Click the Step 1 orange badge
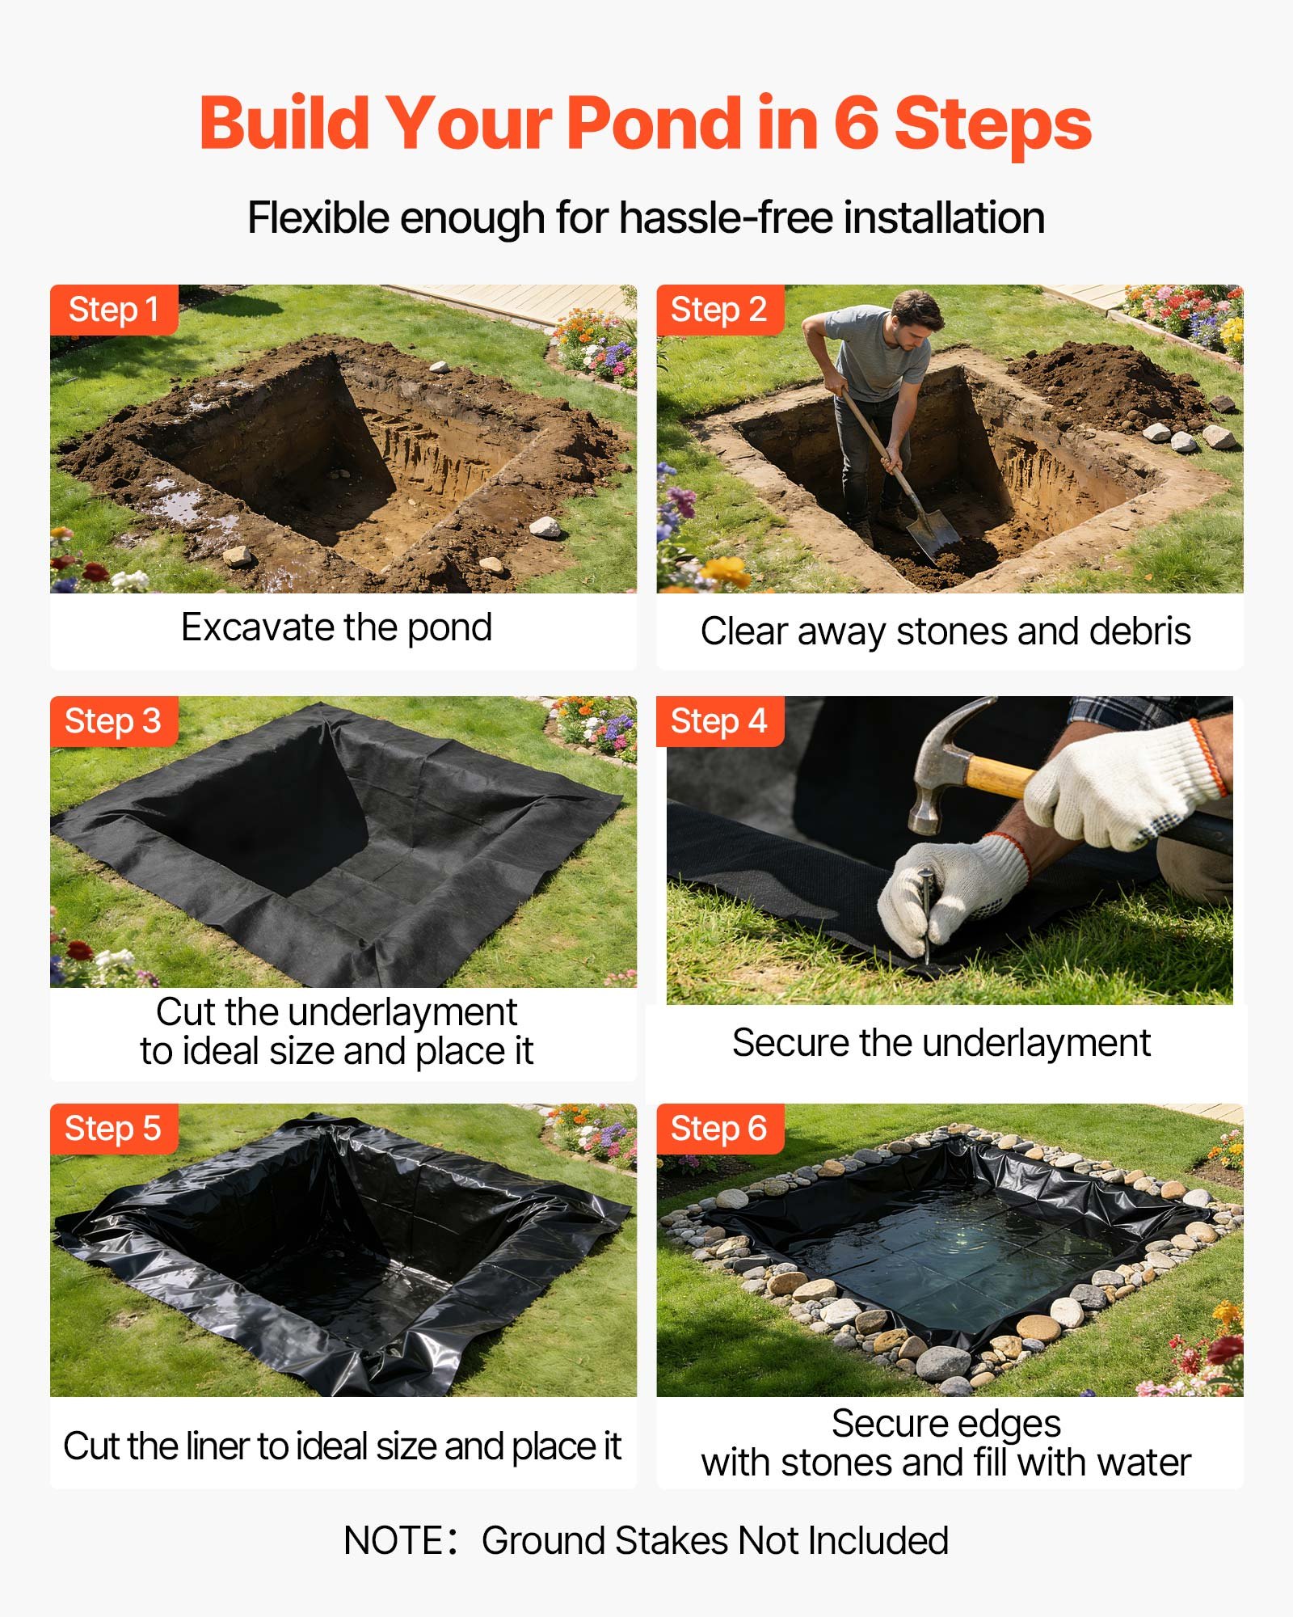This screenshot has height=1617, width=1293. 113,310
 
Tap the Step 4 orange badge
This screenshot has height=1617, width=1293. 718,721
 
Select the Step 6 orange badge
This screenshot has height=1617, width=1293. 718,1129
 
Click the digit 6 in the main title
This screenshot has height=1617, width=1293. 855,124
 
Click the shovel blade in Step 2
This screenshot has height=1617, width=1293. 933,534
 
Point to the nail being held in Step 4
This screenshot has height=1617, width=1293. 925,914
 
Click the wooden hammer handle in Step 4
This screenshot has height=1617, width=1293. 998,776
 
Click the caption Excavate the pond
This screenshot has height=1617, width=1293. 336,627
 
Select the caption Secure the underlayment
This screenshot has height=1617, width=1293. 941,1043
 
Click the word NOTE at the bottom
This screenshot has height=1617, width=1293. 394,1541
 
